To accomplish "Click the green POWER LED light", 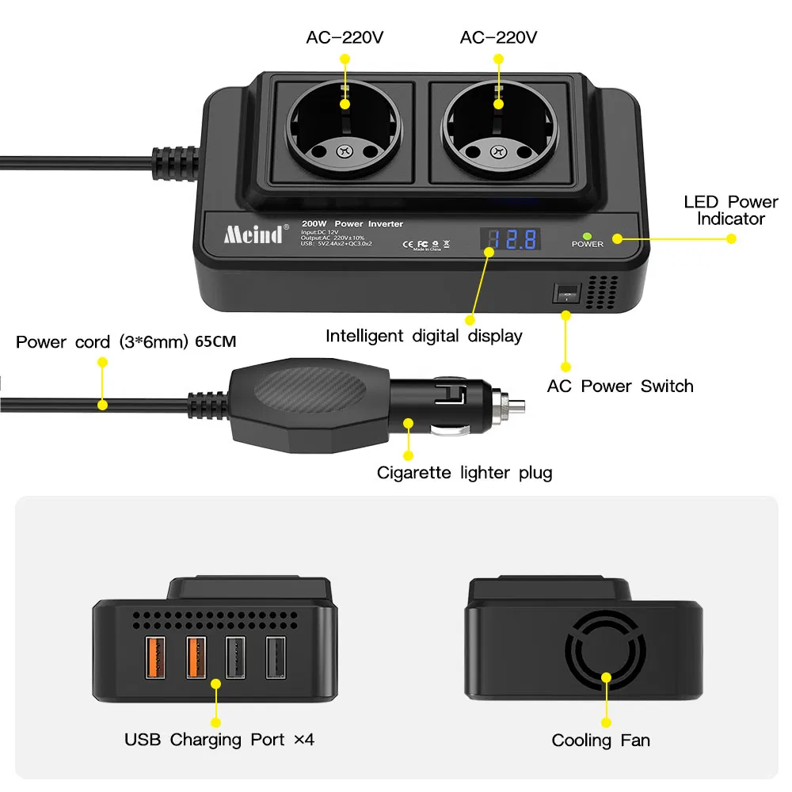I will pos(587,235).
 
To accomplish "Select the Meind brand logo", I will pos(253,235).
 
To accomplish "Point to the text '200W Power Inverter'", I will pos(358,224).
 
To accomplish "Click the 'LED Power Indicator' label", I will pos(730,210).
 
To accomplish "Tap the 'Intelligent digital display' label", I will pos(424,336).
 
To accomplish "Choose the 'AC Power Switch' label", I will pos(620,386).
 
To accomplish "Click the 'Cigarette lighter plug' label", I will pos(464,474).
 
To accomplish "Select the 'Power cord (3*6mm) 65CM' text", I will pos(126,342).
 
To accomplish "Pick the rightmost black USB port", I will pos(275,657).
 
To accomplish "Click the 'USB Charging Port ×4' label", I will pos(219,740).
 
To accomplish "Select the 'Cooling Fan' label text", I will pos(600,741).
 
